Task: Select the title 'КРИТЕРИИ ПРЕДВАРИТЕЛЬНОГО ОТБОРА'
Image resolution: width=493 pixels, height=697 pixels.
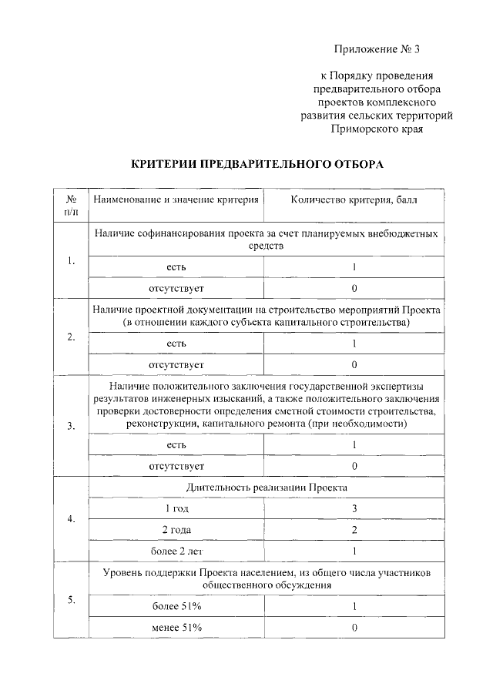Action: (257, 164)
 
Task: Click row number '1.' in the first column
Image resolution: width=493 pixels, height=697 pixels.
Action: (71, 261)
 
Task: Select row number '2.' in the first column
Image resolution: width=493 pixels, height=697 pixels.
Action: (71, 337)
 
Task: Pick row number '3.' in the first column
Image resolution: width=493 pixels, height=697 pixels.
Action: (71, 427)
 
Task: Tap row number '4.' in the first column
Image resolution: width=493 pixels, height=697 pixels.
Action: (71, 519)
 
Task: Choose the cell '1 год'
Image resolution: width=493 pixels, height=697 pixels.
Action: (176, 508)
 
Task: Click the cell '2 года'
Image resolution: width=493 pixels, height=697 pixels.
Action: (176, 530)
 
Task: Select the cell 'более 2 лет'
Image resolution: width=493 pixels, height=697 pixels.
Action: (176, 551)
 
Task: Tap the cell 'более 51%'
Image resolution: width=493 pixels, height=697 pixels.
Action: (176, 606)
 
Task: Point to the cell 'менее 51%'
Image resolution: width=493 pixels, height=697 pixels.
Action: (176, 628)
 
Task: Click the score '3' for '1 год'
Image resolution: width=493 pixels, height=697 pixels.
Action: (354, 508)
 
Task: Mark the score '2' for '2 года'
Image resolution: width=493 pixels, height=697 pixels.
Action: (354, 530)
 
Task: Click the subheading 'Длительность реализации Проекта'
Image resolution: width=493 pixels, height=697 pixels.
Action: (267, 488)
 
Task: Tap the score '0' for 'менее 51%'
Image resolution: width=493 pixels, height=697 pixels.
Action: (354, 628)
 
